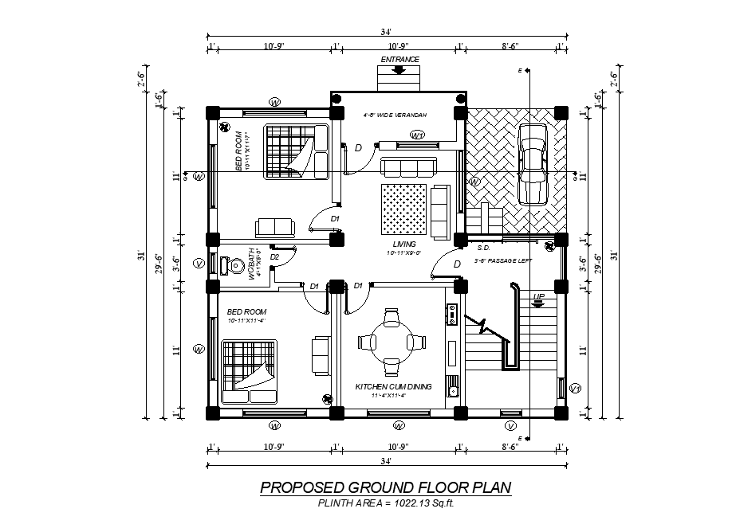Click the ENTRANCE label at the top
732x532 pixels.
click(399, 60)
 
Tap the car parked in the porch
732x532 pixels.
click(531, 163)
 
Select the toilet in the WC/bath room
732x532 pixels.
click(229, 266)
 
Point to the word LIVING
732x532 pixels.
click(404, 244)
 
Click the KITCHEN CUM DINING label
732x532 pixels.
click(393, 386)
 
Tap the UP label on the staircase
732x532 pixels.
click(539, 296)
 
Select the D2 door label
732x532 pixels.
click(274, 256)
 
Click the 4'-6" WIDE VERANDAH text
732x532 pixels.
click(395, 115)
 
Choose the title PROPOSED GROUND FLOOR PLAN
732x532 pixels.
click(385, 487)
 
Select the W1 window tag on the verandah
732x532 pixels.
click(417, 135)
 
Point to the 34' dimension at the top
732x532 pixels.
click(385, 33)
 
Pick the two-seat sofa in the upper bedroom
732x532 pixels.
click(274, 227)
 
